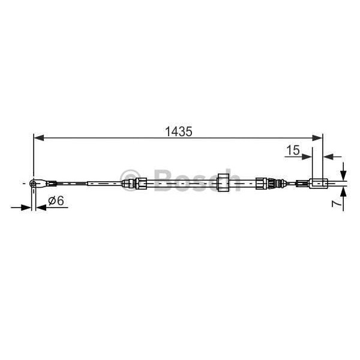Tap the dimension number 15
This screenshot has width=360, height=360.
pyautogui.click(x=292, y=151)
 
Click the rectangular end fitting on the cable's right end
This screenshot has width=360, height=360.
pyautogui.click(x=317, y=182)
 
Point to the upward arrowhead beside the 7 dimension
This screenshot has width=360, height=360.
pyautogui.click(x=343, y=191)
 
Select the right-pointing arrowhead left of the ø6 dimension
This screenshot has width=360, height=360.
pyautogui.click(x=28, y=208)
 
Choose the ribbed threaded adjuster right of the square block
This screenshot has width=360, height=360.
pyautogui.click(x=263, y=182)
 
